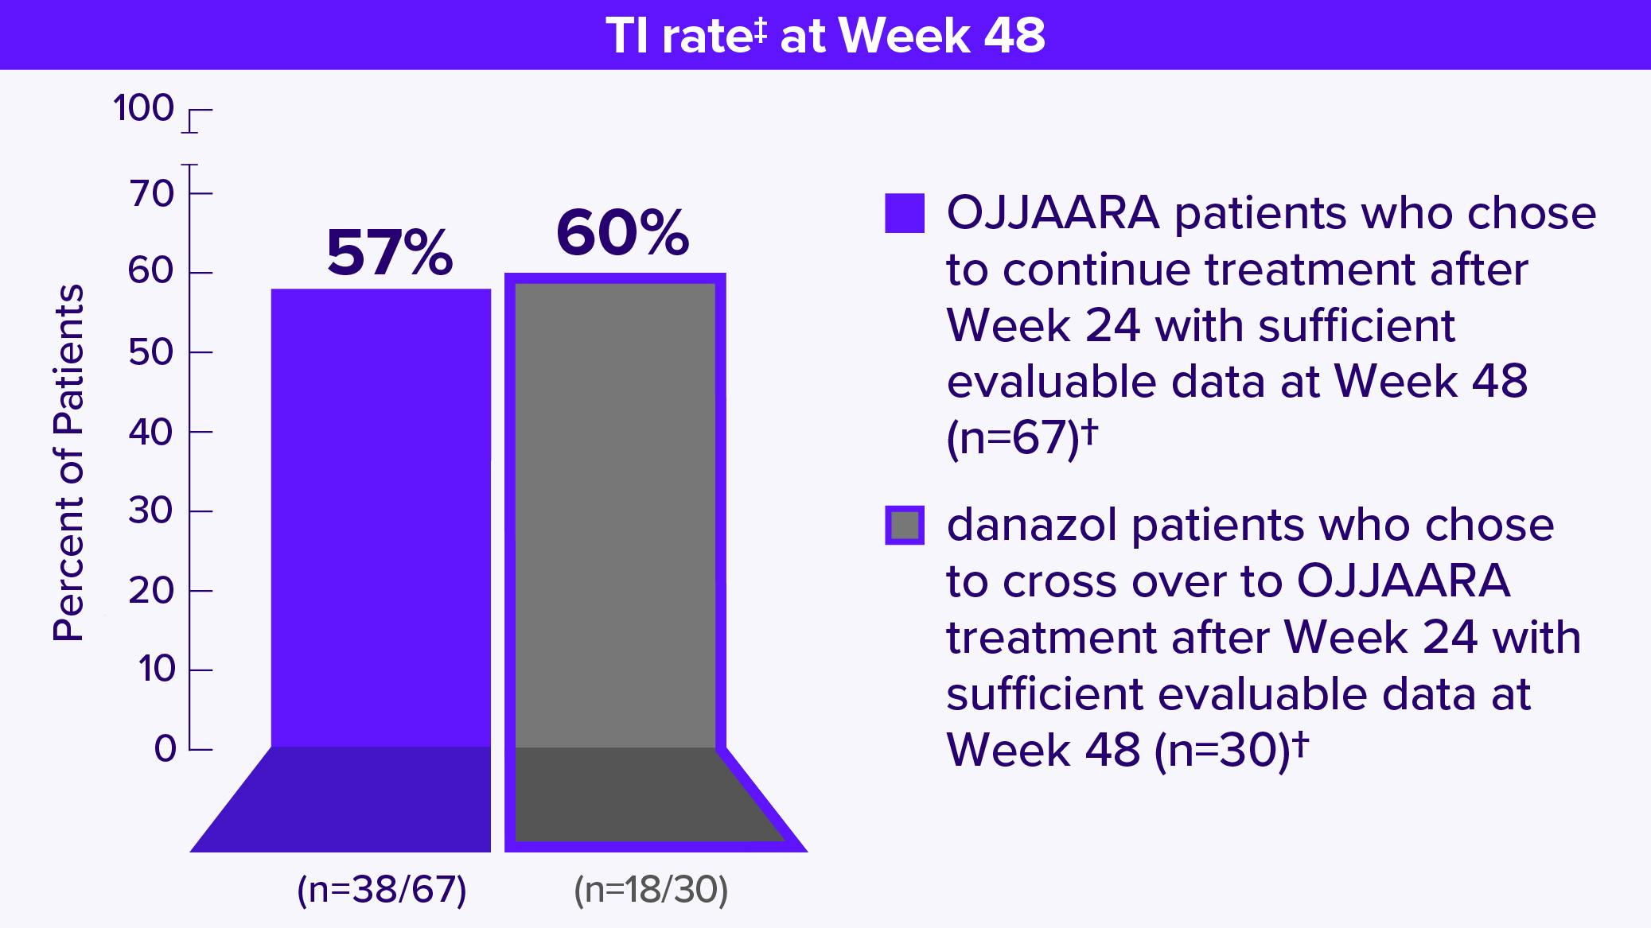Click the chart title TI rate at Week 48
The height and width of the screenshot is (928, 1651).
(x=825, y=36)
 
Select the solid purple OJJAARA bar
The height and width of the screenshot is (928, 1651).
(x=380, y=517)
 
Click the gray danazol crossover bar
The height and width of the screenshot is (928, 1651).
(x=615, y=517)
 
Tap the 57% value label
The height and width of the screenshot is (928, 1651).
(x=389, y=253)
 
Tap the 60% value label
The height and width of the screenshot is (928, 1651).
(x=622, y=234)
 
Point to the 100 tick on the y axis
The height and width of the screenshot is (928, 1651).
(x=143, y=108)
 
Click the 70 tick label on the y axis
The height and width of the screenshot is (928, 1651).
(x=150, y=193)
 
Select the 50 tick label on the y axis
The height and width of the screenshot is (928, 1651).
(x=150, y=352)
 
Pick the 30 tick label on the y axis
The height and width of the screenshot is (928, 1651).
(x=150, y=511)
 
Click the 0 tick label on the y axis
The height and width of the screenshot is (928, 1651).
(x=165, y=749)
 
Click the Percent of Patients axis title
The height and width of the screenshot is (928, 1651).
(x=68, y=463)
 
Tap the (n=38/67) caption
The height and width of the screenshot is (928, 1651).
(x=381, y=890)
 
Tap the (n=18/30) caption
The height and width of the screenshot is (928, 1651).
(x=651, y=890)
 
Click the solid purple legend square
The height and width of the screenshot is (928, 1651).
(x=905, y=213)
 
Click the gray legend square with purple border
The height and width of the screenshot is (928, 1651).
(x=905, y=526)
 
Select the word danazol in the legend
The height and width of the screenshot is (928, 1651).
(x=1032, y=526)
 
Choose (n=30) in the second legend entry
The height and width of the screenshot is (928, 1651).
(x=1221, y=750)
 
